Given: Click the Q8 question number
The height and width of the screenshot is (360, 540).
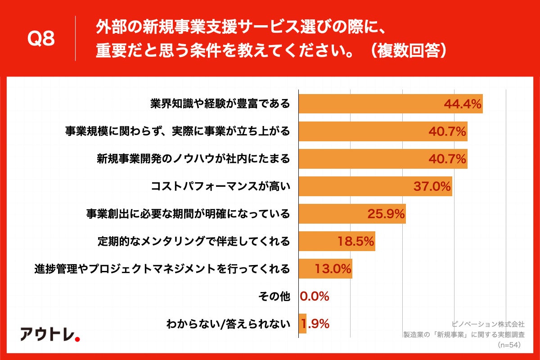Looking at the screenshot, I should point(41,39).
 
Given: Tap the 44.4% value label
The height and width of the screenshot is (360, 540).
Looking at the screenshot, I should point(463,104).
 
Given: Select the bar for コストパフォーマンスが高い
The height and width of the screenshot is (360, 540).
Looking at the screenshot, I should point(375,186).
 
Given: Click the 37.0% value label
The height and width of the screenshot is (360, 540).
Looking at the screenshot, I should point(432,186).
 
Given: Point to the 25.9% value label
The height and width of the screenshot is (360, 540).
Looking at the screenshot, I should point(386,214).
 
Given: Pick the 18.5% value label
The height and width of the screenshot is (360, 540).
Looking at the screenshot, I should point(355,242).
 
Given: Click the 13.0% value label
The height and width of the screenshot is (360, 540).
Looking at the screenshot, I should point(333,269).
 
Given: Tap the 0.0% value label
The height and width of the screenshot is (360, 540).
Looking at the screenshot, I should point(315,297).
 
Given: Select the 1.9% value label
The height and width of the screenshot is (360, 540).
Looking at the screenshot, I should point(315,324).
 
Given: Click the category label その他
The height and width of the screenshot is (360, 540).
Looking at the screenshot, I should point(274,297).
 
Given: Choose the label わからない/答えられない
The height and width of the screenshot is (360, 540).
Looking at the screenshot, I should point(228,324).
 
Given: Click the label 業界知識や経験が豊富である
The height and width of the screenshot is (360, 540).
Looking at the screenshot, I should point(220,104).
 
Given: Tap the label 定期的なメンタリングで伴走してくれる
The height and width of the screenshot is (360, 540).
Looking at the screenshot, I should point(194,242).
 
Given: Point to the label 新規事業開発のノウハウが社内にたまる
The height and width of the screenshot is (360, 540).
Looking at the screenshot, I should point(194,159).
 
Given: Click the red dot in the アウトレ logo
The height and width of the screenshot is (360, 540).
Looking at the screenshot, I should point(77,339).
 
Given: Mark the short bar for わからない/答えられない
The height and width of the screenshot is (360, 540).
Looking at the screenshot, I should point(302,324).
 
